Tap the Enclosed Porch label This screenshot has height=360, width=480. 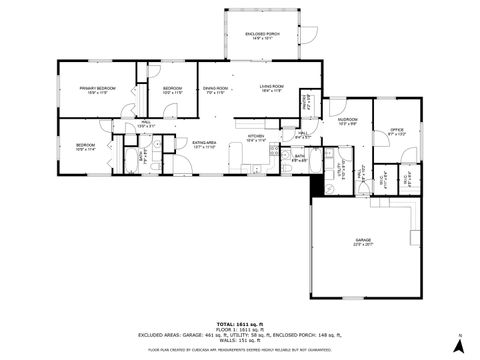[x=262, y=36]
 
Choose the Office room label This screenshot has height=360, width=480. [x=396, y=130]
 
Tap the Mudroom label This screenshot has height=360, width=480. [x=348, y=124]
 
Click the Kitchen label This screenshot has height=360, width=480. [x=255, y=137]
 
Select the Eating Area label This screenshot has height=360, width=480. [x=204, y=144]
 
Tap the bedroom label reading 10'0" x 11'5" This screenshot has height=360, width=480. [x=172, y=90]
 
